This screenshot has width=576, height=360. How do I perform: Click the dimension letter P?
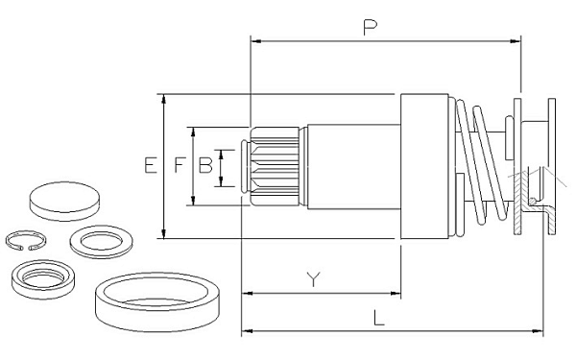[370, 28]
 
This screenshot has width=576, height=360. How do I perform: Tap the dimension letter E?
[151, 165]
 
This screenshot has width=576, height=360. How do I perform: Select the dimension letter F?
[180, 165]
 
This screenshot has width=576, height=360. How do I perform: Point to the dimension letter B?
[205, 165]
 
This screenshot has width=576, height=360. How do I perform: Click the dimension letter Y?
[313, 279]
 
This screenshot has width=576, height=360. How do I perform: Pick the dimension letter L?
[379, 318]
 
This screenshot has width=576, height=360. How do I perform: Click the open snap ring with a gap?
[26, 241]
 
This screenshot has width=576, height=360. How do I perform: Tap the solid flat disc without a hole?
[64, 201]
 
